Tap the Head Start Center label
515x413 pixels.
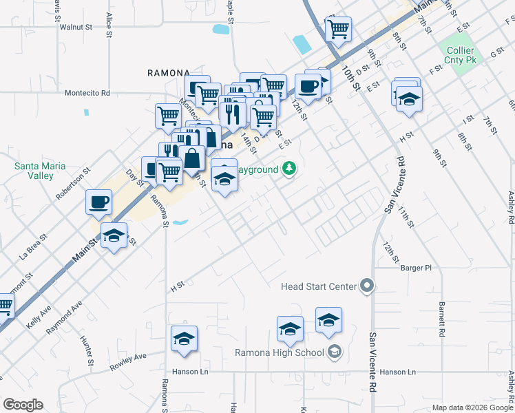pyautogui.click(x=319, y=286)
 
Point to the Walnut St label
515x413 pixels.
pyautogui.click(x=76, y=28)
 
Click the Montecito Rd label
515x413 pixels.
pyautogui.click(x=87, y=93)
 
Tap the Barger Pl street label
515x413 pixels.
pyautogui.click(x=415, y=268)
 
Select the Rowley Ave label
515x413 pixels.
pyautogui.click(x=129, y=363)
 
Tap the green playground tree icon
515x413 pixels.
pyautogui.click(x=290, y=169)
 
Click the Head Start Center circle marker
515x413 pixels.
pyautogui.click(x=367, y=286)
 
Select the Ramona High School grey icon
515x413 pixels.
pyautogui.click(x=334, y=352)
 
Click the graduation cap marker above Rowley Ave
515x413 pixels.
pyautogui.click(x=184, y=339)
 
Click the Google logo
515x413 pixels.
pyautogui.click(x=23, y=405)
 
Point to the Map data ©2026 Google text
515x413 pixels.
pyautogui.click(x=472, y=407)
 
